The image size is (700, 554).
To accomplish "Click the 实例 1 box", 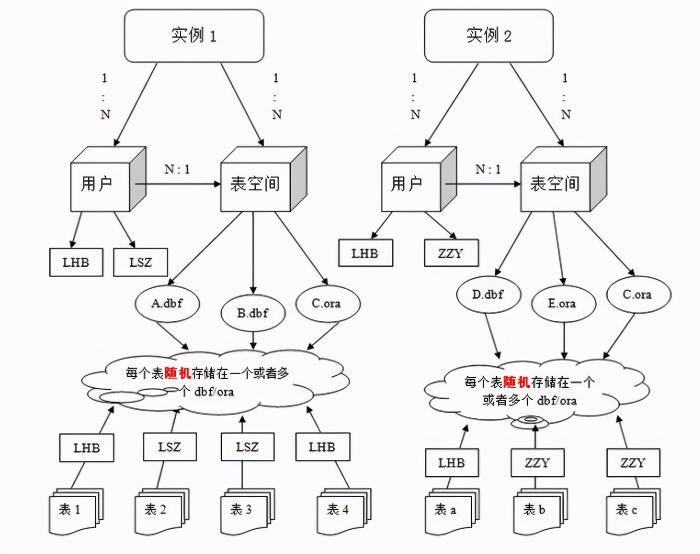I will point(194,36).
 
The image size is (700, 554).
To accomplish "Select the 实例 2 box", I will point(488,36).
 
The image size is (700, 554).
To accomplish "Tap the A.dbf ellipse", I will point(167,303).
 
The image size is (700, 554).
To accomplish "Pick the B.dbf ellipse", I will point(253,313).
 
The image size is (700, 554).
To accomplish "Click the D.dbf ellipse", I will point(488,294).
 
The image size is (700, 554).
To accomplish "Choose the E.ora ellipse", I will point(563,303).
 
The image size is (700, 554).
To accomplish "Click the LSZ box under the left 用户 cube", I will point(140,262).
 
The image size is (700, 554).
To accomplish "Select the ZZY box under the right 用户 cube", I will point(451,253).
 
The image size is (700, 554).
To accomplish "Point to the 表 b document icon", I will point(538,510).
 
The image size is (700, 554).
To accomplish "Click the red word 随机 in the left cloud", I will point(178,374).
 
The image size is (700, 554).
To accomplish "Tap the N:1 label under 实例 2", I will point(488,169).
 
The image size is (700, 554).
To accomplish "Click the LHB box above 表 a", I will point(451,463).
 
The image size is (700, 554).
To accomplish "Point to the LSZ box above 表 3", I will point(247,447).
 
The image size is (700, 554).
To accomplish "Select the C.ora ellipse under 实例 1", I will point(327,303).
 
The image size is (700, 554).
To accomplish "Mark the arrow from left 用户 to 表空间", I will point(177,184).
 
